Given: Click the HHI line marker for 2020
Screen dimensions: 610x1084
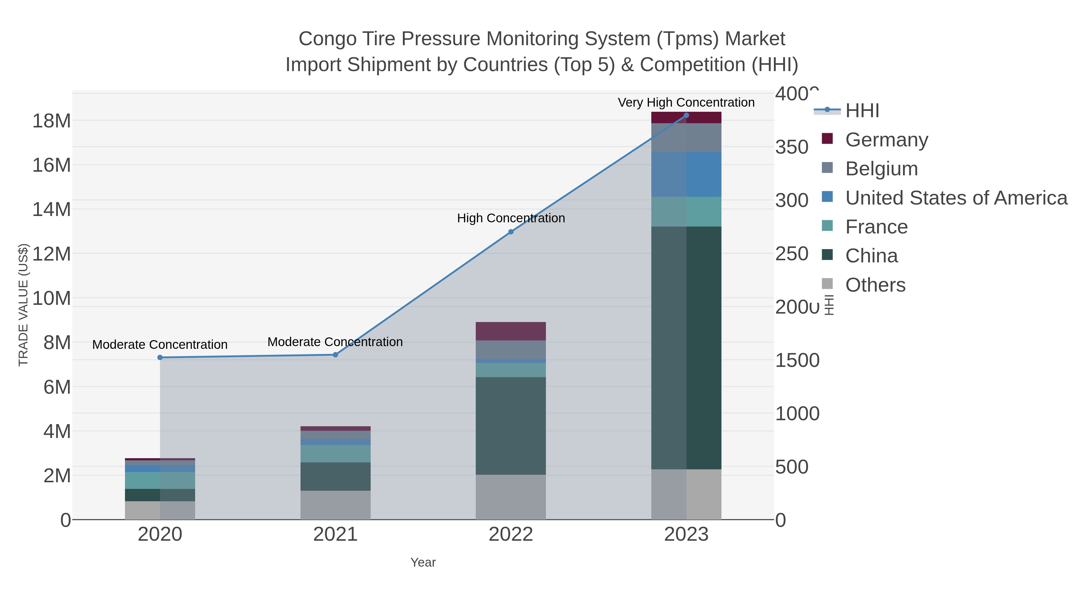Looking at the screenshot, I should click(160, 357).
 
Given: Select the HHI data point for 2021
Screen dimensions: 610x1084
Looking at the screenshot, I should click(335, 355).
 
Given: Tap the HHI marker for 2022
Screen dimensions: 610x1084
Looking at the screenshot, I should click(511, 232).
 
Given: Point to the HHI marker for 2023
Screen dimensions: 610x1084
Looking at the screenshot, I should click(686, 115).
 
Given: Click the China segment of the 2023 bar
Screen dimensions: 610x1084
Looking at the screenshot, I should click(686, 347).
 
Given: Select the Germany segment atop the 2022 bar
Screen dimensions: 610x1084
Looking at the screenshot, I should click(511, 331).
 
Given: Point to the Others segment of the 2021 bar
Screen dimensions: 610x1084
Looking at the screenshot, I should click(335, 505).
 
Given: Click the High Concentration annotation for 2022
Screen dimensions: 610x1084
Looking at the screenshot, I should click(511, 218).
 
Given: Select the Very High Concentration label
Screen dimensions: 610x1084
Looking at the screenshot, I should click(686, 102).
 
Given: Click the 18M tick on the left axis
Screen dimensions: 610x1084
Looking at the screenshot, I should click(51, 121).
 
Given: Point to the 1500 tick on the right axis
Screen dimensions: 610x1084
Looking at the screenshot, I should click(797, 360).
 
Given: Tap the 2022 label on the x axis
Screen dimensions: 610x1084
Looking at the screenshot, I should click(511, 534).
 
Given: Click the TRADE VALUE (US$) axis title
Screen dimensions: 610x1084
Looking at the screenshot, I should click(23, 305).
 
